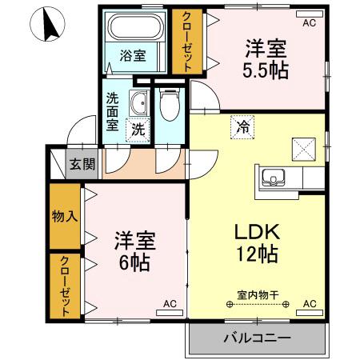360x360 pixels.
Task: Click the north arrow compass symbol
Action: [47, 24]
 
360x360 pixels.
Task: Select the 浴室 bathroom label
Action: [133, 55]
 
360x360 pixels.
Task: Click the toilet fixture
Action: [170, 105]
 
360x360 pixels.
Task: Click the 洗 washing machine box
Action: [138, 130]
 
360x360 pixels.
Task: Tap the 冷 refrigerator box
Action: [242, 127]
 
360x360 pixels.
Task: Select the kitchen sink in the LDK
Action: [274, 178]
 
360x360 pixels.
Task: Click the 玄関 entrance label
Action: [82, 164]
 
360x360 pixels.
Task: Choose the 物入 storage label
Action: [65, 216]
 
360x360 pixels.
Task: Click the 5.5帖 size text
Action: [266, 70]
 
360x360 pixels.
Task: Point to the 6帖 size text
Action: [134, 262]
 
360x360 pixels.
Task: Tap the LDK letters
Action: [257, 231]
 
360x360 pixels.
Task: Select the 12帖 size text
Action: [258, 254]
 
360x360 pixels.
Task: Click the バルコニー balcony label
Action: [257, 338]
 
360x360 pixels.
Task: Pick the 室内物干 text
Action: [258, 295]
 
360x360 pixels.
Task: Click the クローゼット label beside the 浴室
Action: [186, 42]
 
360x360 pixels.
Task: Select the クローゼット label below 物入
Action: [65, 286]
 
